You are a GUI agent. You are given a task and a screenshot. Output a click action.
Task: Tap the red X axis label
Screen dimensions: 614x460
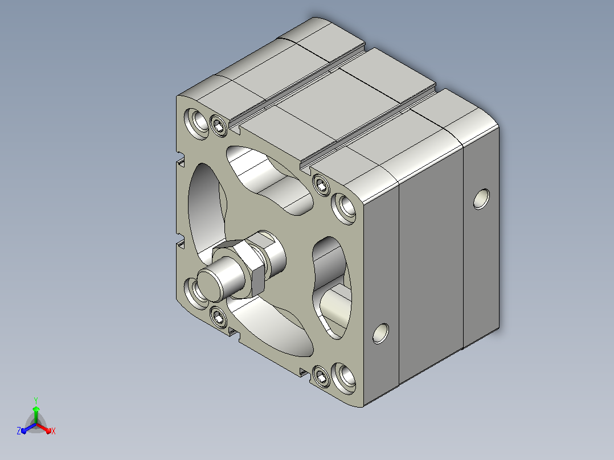[x=54, y=431]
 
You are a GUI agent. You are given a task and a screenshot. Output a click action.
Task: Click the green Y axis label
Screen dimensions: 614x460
[x=36, y=400]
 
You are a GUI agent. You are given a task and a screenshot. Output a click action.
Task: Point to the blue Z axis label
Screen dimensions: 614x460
[x=19, y=431]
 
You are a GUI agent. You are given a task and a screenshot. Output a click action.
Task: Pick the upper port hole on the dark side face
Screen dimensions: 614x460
[x=481, y=199]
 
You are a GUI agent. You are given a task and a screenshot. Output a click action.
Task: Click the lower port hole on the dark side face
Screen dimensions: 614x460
[x=380, y=333]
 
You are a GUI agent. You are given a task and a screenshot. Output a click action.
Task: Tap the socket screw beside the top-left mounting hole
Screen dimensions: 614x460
[x=219, y=125]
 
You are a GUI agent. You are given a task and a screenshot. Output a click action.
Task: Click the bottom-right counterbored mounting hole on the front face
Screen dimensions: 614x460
[x=344, y=378]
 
